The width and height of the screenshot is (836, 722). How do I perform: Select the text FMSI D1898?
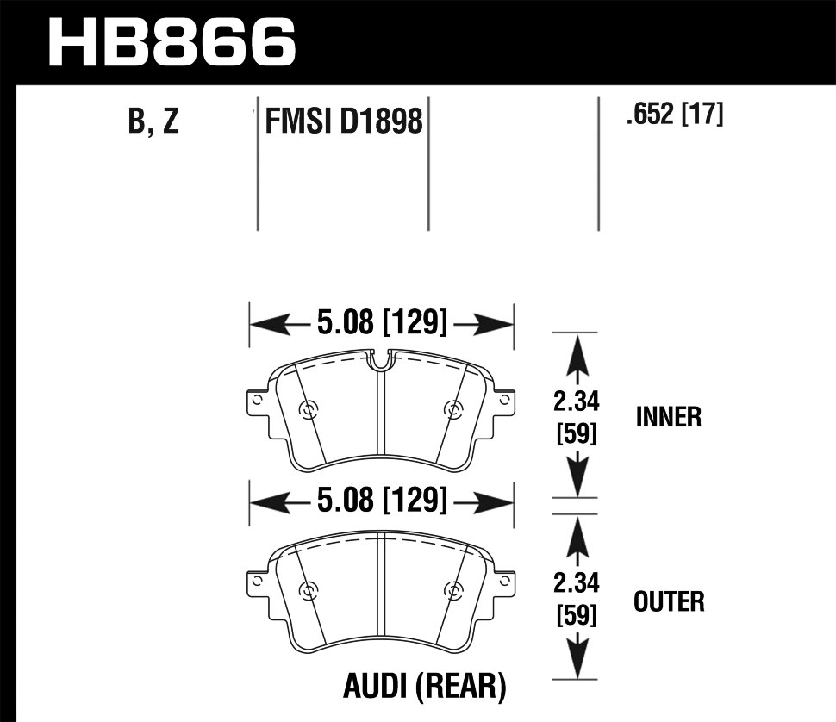344,121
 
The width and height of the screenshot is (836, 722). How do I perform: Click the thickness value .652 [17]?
675,115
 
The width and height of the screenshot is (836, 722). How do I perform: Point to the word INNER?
669,418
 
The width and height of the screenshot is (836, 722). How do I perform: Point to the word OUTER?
669,601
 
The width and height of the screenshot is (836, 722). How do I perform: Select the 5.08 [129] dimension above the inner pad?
382,325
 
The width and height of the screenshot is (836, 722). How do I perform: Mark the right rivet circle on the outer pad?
451,590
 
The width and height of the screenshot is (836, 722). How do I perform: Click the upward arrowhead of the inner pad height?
577,348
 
